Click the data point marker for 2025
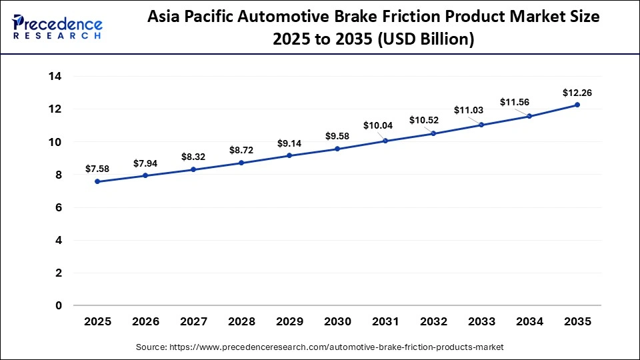pos(98,181)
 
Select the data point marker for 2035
pos(577,105)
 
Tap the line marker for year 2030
pos(337,149)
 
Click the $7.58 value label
pos(98,169)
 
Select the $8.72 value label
pos(241,150)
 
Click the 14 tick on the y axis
pos(55,76)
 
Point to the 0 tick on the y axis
pos(59,306)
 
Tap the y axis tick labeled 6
pos(59,207)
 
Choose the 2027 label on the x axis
pos(194,322)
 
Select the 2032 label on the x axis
pos(433,322)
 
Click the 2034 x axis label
pos(529,322)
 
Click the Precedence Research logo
pos(57,27)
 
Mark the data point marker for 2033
pos(481,125)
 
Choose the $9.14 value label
pos(289,143)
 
